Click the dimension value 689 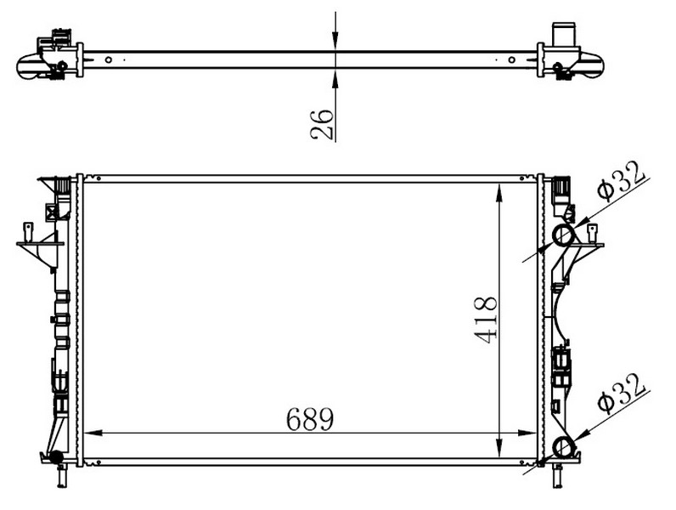tap(310, 418)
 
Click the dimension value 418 tap(486, 320)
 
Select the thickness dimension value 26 tap(322, 125)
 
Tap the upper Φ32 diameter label tap(622, 180)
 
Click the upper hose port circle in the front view tap(564, 235)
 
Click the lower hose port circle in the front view tap(564, 447)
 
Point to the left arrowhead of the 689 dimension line tap(93, 433)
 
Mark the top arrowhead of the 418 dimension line tap(499, 193)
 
